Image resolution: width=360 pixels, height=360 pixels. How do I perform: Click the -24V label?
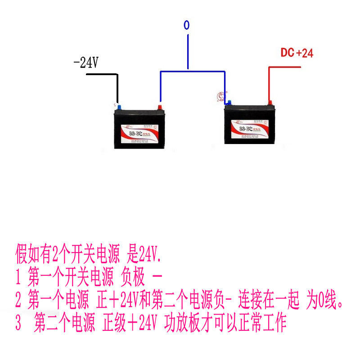[85, 63]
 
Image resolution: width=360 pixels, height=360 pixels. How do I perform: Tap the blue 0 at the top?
[187, 25]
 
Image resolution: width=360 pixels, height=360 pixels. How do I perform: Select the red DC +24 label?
[297, 53]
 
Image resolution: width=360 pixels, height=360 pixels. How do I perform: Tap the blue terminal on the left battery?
[118, 106]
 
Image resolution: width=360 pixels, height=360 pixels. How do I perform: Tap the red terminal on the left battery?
[159, 107]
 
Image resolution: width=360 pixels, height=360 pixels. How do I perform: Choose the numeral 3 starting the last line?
[18, 323]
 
